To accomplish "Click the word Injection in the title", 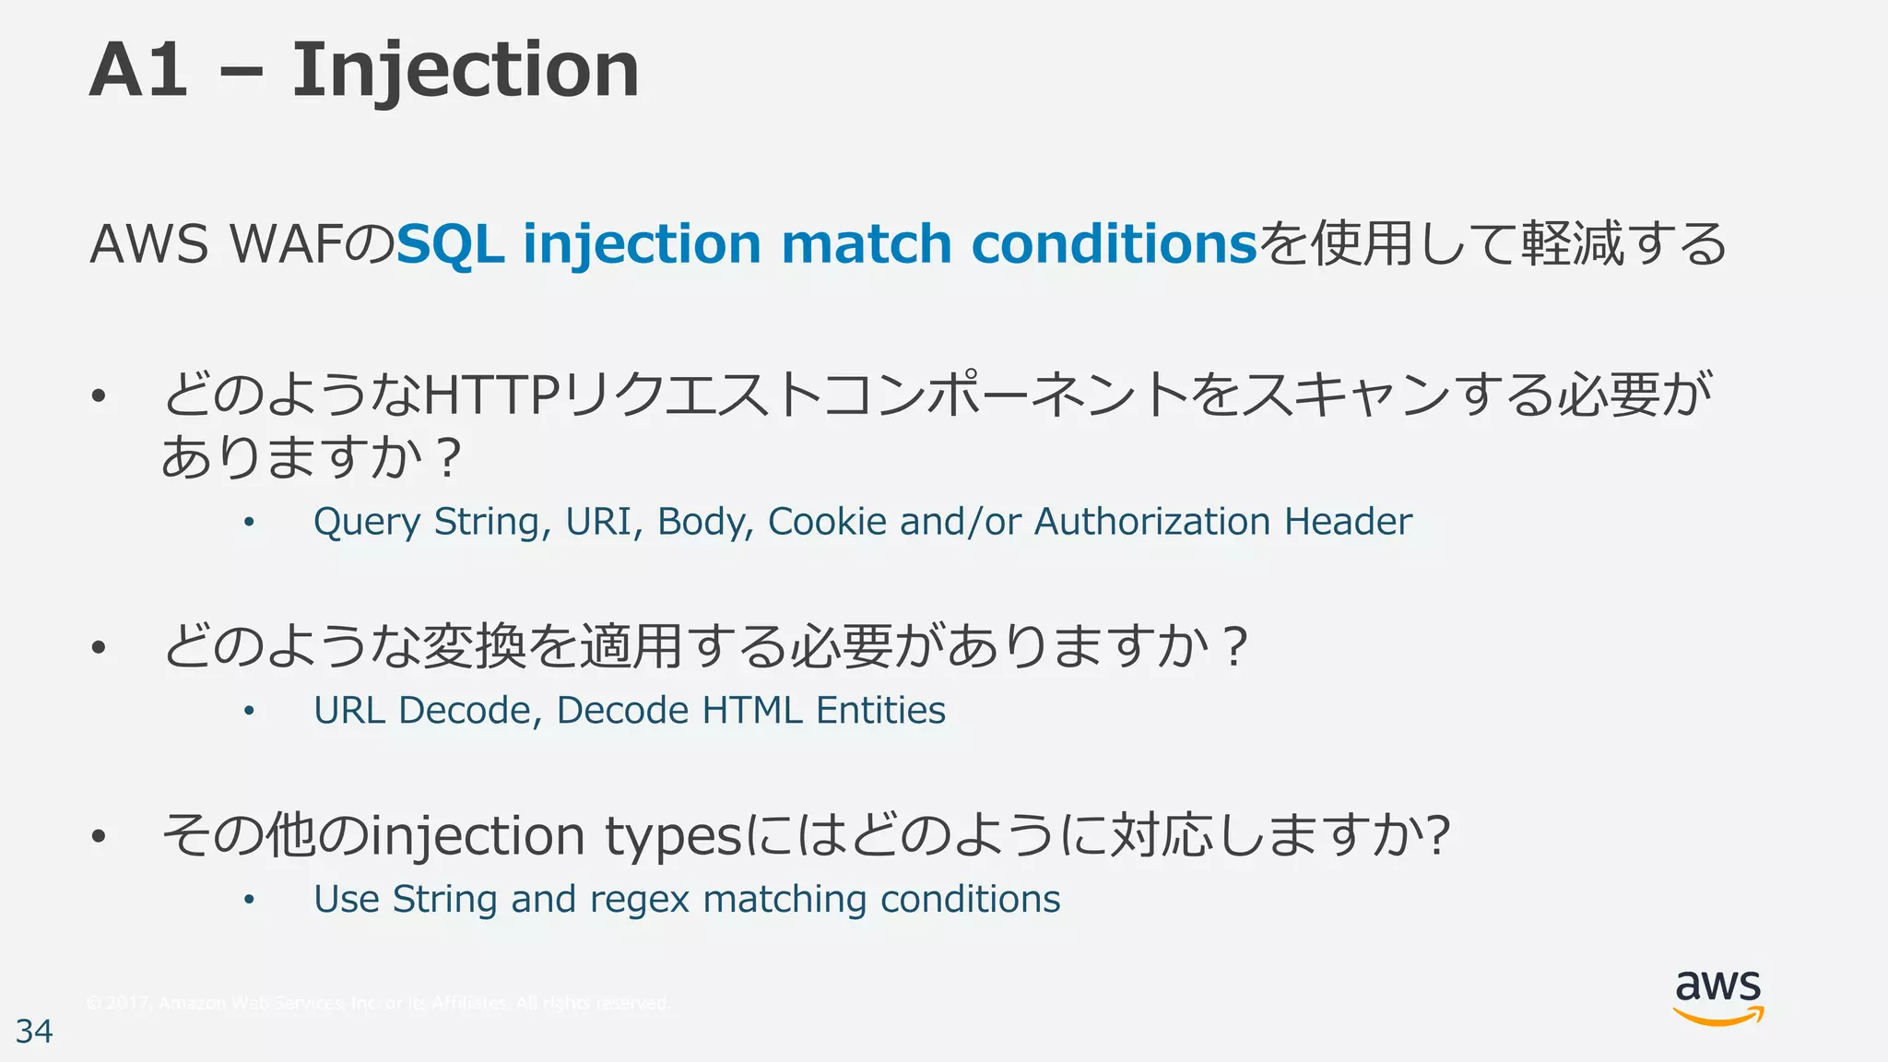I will pyautogui.click(x=465, y=70).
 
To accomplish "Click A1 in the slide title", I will pyautogui.click(x=138, y=70).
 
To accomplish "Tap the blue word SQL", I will pyautogui.click(x=450, y=243).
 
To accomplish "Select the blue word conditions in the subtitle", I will pyautogui.click(x=1115, y=243).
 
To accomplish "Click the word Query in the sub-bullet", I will pyautogui.click(x=367, y=523).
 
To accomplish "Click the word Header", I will pyautogui.click(x=1348, y=522).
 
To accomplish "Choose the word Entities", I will pyautogui.click(x=880, y=711).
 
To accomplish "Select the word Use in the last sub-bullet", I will pyautogui.click(x=347, y=900).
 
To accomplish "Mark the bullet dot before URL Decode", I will pyautogui.click(x=248, y=711).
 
